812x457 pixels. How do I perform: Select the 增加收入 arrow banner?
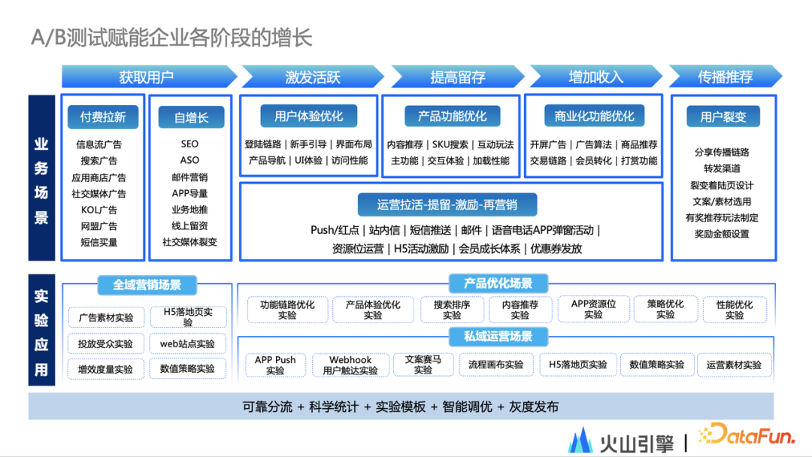[595, 77]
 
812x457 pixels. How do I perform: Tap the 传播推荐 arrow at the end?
[725, 77]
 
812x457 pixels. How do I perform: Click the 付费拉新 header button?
[103, 117]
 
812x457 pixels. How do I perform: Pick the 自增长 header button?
[191, 117]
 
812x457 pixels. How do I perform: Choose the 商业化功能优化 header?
[594, 116]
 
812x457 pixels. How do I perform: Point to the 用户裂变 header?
[723, 117]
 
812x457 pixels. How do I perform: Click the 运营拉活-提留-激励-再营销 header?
[447, 204]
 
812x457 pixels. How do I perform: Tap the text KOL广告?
[99, 210]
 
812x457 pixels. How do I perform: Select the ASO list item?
[189, 160]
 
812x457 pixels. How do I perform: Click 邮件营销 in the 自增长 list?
[189, 177]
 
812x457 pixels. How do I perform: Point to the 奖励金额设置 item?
[722, 234]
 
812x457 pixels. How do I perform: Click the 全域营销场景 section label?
[147, 285]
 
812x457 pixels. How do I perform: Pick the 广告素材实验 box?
[106, 317]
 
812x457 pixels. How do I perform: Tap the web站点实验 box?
[187, 344]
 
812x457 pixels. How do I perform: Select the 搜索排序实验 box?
[452, 310]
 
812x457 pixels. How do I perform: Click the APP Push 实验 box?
[275, 365]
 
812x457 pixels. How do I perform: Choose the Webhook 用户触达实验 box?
[350, 365]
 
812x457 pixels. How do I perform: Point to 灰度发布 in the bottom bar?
[534, 407]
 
